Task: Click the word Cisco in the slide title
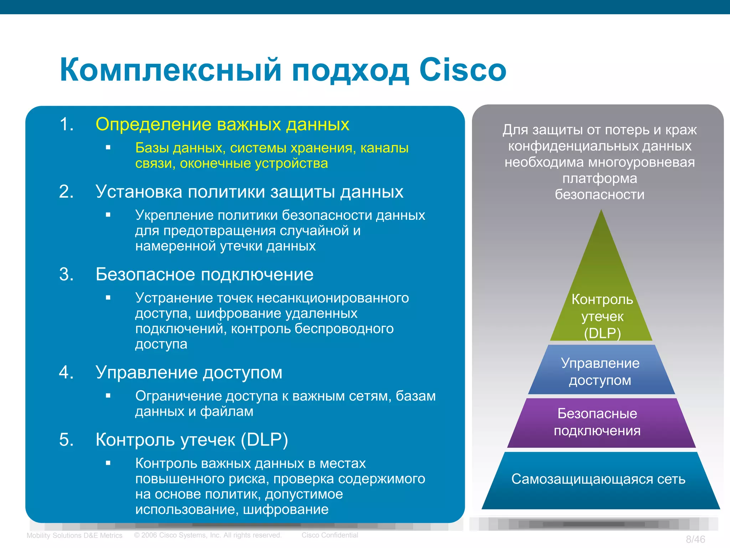[x=462, y=70]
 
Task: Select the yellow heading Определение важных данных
[x=222, y=125]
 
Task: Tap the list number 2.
[x=66, y=192]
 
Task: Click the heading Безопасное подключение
[x=204, y=275]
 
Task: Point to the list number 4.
[x=66, y=372]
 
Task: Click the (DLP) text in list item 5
[x=264, y=440]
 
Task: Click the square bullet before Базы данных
[x=108, y=147]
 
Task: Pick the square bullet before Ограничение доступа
[x=108, y=396]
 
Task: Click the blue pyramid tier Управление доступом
[x=601, y=371]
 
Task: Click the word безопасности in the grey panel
[x=600, y=195]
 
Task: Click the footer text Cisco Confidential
[x=330, y=535]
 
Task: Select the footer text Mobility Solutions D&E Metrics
[x=74, y=536]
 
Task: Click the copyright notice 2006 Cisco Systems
[x=208, y=535]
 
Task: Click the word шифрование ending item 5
[x=286, y=509]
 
